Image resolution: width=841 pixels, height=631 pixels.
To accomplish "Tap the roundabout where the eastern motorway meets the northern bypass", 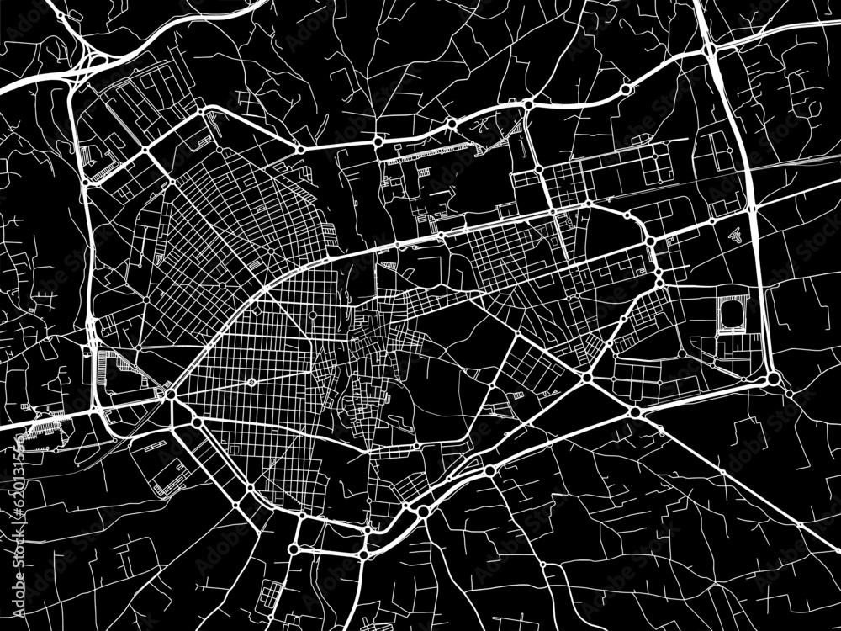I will pyautogui.click(x=711, y=50).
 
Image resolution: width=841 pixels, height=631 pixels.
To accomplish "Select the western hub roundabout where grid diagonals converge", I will pyautogui.click(x=171, y=393).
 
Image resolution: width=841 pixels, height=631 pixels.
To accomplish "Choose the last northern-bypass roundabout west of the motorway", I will pyautogui.click(x=625, y=89).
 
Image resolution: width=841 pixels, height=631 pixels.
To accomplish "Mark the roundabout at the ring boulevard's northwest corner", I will pyautogui.click(x=202, y=110).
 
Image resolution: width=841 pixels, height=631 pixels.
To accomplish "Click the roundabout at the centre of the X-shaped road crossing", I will pyautogui.click(x=586, y=378).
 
